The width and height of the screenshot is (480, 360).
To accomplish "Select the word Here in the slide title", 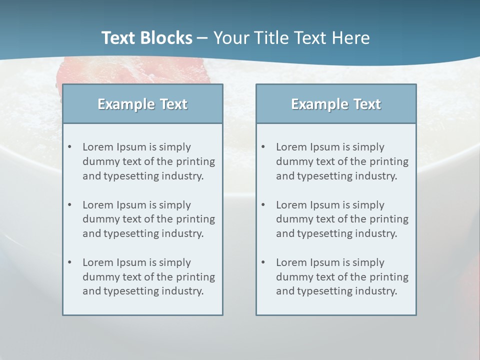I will (353, 38).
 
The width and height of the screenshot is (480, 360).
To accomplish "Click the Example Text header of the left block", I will (142, 104).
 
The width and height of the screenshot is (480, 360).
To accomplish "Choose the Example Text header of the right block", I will (336, 104).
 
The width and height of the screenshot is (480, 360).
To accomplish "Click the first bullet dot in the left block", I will (70, 147).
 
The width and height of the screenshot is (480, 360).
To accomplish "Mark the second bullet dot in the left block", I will (70, 205).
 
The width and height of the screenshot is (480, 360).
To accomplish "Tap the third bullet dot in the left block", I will (70, 262).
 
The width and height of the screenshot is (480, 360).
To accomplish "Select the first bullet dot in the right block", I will (263, 147).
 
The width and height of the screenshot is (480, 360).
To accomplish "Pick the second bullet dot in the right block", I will (263, 205).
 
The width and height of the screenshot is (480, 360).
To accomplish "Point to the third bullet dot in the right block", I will (263, 262).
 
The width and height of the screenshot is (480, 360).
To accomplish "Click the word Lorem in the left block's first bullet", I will (97, 147).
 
